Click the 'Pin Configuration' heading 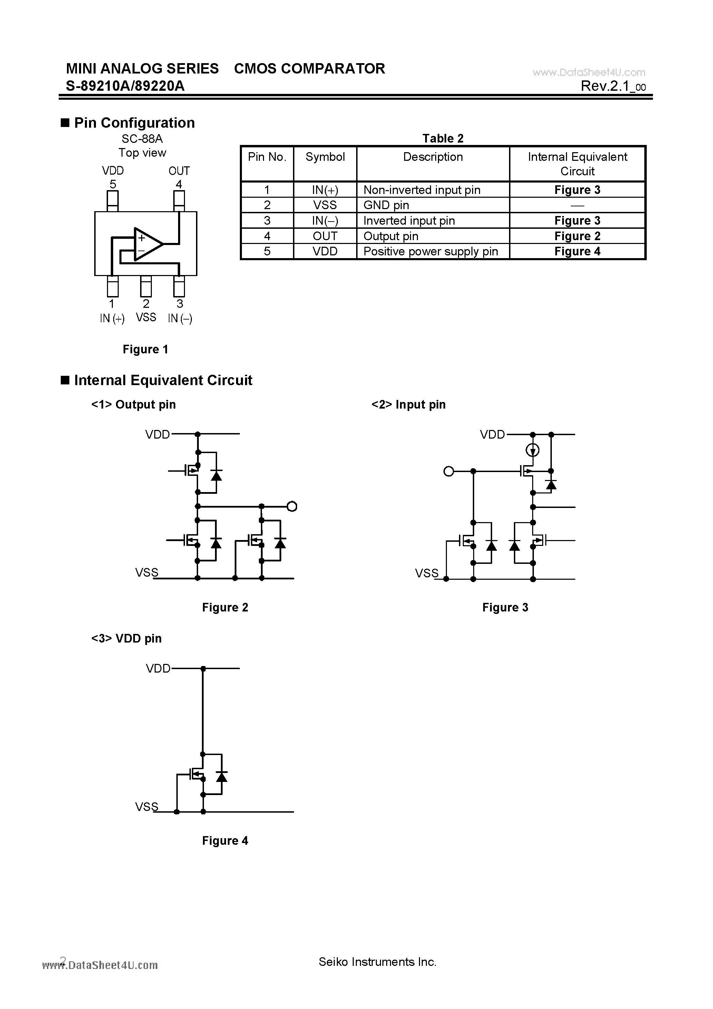(x=134, y=123)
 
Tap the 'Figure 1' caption (x=146, y=349)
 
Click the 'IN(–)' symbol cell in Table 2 (x=325, y=221)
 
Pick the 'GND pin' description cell (x=386, y=205)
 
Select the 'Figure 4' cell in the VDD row (x=577, y=251)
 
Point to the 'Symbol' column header (x=325, y=157)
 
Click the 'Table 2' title (x=443, y=138)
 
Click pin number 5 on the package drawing (x=113, y=184)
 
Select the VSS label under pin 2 (x=146, y=317)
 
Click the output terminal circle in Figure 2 (x=292, y=507)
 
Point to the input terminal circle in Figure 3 (x=448, y=471)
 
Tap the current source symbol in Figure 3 (x=533, y=450)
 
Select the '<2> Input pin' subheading (x=408, y=405)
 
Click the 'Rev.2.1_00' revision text (x=613, y=86)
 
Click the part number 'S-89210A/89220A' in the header (x=125, y=86)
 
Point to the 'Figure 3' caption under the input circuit (x=505, y=607)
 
